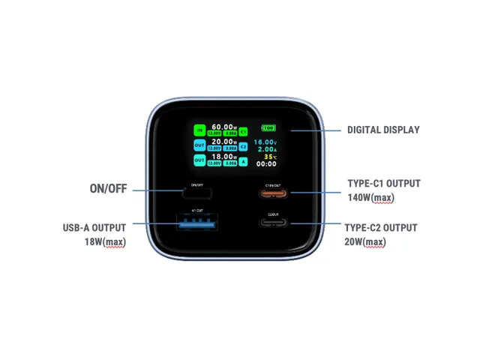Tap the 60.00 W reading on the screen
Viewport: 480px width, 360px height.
[x=225, y=127]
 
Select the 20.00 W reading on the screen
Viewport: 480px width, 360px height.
[x=225, y=142]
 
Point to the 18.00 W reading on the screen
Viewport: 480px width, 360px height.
[x=225, y=157]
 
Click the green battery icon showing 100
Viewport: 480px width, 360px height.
[x=268, y=128]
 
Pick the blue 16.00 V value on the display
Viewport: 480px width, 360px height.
[x=265, y=142]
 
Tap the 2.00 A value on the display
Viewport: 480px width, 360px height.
[x=266, y=149]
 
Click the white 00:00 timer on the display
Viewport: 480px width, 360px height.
[x=265, y=164]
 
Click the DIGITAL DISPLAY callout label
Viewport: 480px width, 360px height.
[x=383, y=130]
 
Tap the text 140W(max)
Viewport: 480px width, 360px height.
[x=371, y=198]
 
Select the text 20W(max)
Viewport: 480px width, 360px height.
[x=364, y=241]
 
